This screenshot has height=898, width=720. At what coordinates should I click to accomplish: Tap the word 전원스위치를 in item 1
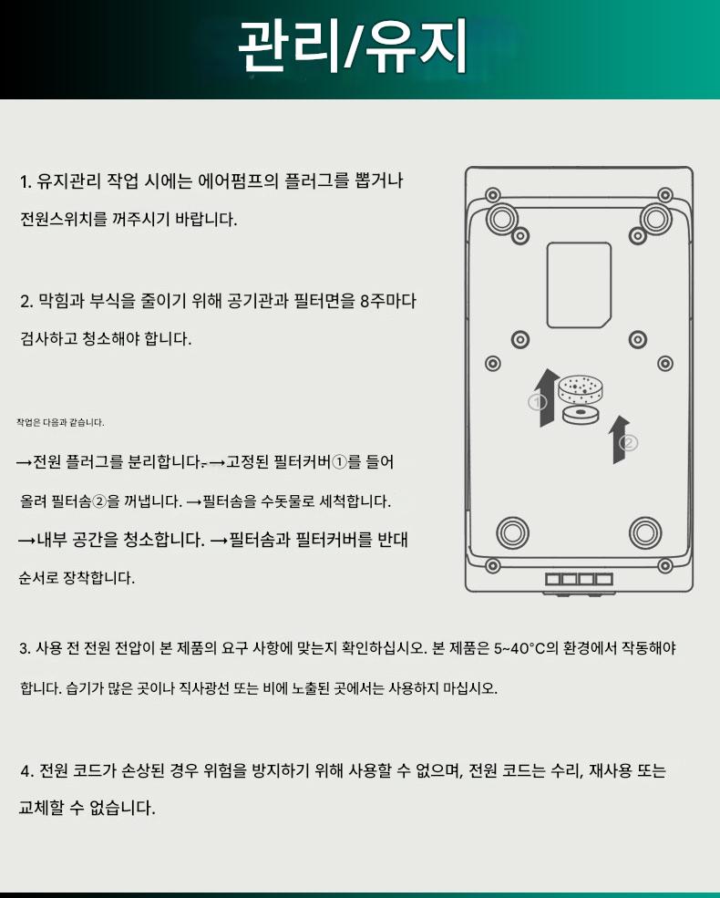[x=64, y=219]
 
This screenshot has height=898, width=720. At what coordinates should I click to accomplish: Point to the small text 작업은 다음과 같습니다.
[x=60, y=423]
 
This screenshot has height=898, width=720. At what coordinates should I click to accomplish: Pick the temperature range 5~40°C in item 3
[x=519, y=648]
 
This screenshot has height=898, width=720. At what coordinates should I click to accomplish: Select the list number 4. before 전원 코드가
[x=26, y=771]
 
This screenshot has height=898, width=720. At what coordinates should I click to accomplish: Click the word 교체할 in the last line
[x=41, y=808]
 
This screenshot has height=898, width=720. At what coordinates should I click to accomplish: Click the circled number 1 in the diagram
[x=537, y=402]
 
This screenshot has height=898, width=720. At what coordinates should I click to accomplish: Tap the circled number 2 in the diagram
[x=629, y=443]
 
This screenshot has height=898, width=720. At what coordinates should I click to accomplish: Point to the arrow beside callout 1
[x=550, y=397]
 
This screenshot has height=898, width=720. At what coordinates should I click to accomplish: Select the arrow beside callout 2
[x=619, y=439]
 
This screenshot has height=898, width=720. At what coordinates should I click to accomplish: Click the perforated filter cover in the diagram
[x=580, y=390]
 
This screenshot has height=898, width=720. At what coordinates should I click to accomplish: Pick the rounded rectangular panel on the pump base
[x=579, y=284]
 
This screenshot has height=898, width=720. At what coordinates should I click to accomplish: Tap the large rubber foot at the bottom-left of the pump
[x=512, y=532]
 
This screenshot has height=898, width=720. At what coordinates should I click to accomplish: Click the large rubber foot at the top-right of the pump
[x=656, y=218]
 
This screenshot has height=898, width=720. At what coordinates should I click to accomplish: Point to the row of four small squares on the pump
[x=579, y=579]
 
